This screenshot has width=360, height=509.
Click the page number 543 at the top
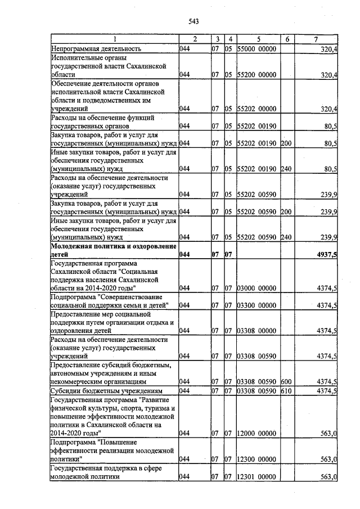click(193, 21)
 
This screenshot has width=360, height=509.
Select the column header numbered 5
click(259, 39)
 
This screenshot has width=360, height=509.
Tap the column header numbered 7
click(316, 39)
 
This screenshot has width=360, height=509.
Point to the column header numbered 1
click(114, 39)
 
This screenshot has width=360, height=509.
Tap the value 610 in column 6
click(286, 390)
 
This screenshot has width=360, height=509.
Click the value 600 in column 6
click(286, 381)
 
